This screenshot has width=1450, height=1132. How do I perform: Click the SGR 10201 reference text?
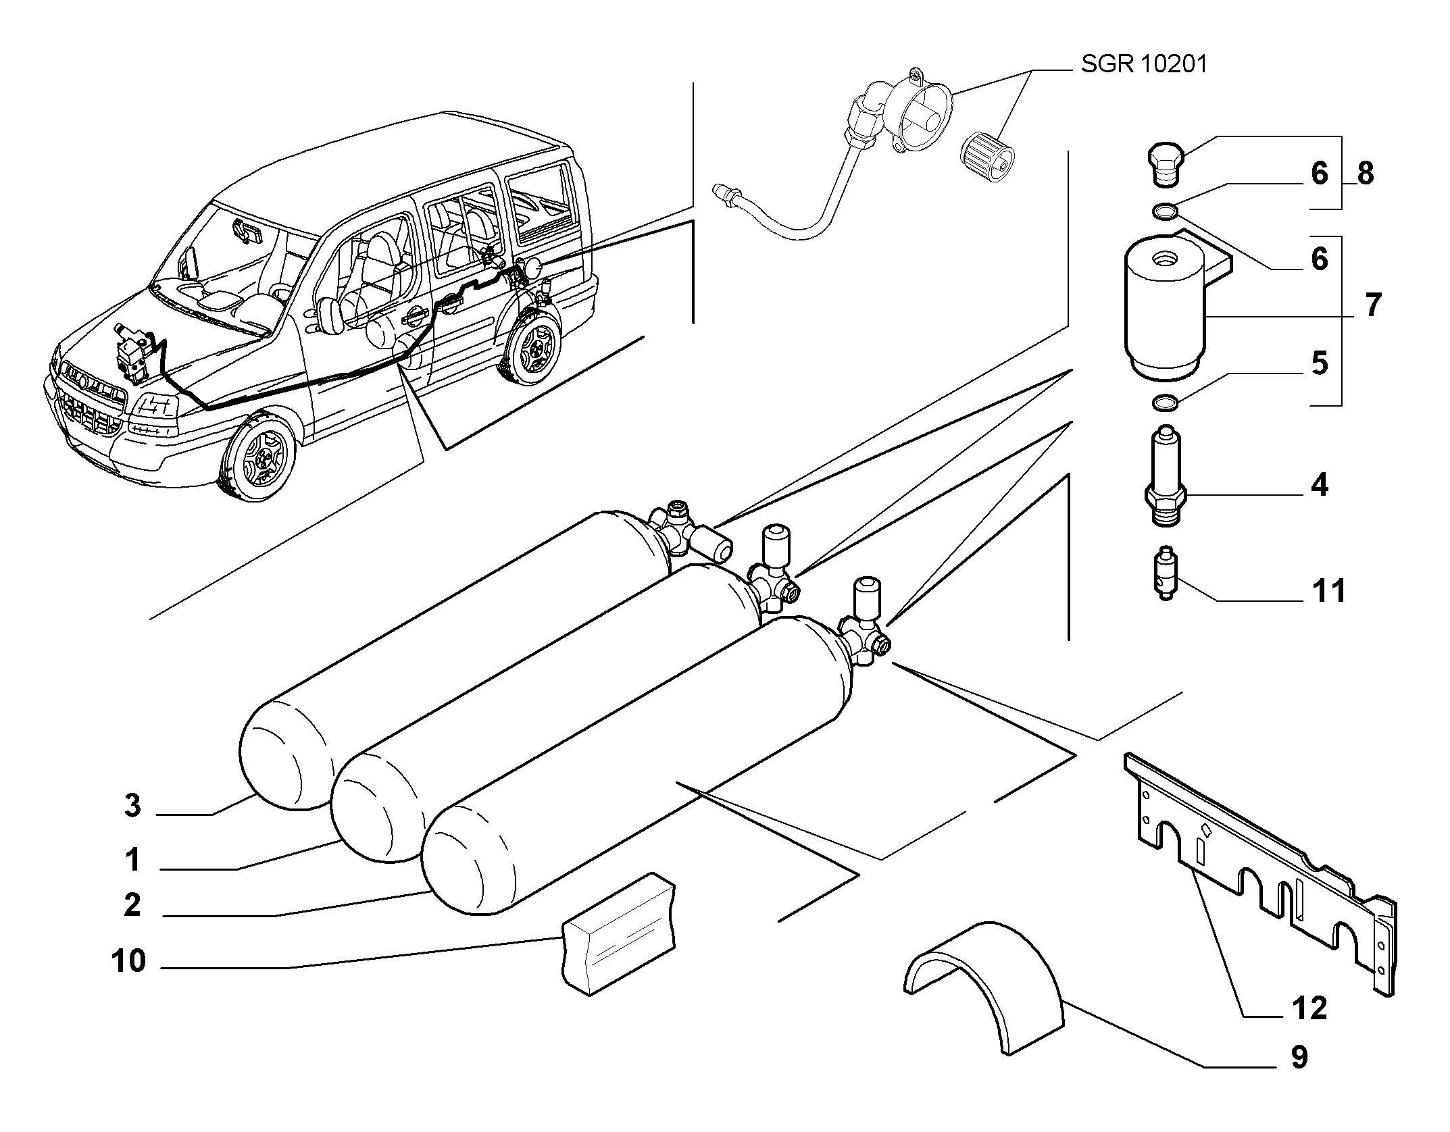pos(1143,65)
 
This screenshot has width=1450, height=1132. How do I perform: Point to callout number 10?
pos(129,960)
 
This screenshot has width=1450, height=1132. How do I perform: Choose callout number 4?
pos(1319,486)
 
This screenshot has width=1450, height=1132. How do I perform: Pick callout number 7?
pos(1372,305)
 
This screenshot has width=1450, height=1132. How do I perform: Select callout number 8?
pos(1365,174)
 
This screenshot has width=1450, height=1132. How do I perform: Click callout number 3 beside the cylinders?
pos(132,806)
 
